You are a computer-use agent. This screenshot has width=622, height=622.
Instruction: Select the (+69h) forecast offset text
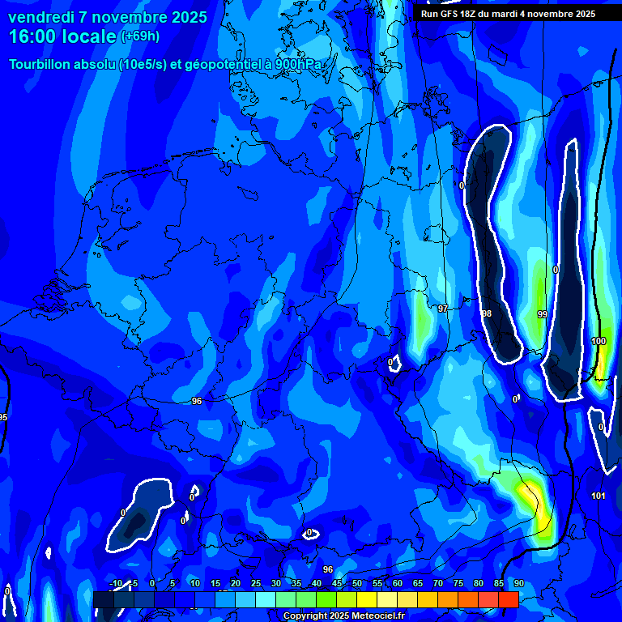140,36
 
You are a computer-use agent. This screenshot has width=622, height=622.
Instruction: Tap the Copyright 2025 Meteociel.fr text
343,616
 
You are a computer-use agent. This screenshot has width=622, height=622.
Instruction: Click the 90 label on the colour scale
519,583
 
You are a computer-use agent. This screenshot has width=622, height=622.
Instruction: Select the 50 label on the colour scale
357,583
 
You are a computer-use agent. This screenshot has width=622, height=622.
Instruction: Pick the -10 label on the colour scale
115,583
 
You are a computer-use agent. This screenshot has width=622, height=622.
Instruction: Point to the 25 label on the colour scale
256,583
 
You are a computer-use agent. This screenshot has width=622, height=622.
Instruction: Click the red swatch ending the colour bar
508,599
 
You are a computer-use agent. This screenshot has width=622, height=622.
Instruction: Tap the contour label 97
443,309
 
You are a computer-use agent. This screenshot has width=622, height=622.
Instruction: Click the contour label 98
487,313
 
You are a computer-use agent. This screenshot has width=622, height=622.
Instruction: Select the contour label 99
542,314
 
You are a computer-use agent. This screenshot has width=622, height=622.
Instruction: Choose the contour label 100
599,341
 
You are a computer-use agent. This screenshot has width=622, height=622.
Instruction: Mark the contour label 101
599,496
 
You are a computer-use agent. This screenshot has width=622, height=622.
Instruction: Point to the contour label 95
3,417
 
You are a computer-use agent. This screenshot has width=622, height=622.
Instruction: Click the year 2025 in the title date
189,17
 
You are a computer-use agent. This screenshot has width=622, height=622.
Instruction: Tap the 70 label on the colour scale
438,583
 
